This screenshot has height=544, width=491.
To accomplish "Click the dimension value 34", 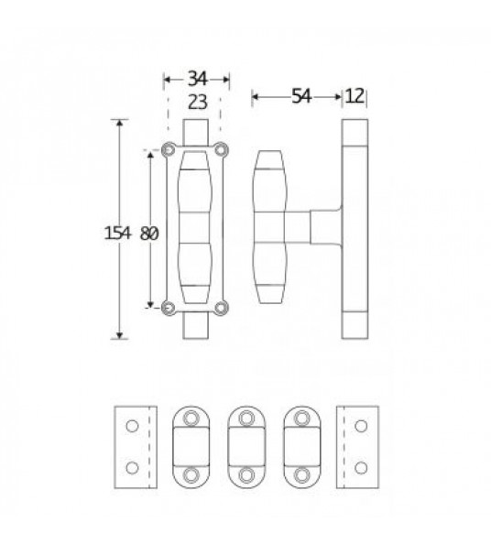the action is [x=198, y=79].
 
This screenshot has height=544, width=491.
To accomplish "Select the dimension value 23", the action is [x=198, y=103].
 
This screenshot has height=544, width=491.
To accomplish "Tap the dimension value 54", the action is [x=301, y=96].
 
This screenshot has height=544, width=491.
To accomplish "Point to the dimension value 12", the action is [x=355, y=96].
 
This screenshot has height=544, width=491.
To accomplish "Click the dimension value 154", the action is [x=118, y=234].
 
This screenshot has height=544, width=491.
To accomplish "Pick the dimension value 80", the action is [x=149, y=234].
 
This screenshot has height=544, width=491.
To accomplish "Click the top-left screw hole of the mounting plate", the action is [x=169, y=150].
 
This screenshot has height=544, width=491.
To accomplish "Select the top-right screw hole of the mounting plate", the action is [x=221, y=150].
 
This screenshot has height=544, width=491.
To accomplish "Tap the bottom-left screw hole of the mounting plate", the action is [x=169, y=308].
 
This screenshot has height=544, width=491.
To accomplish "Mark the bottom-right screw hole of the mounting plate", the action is [x=221, y=308].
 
